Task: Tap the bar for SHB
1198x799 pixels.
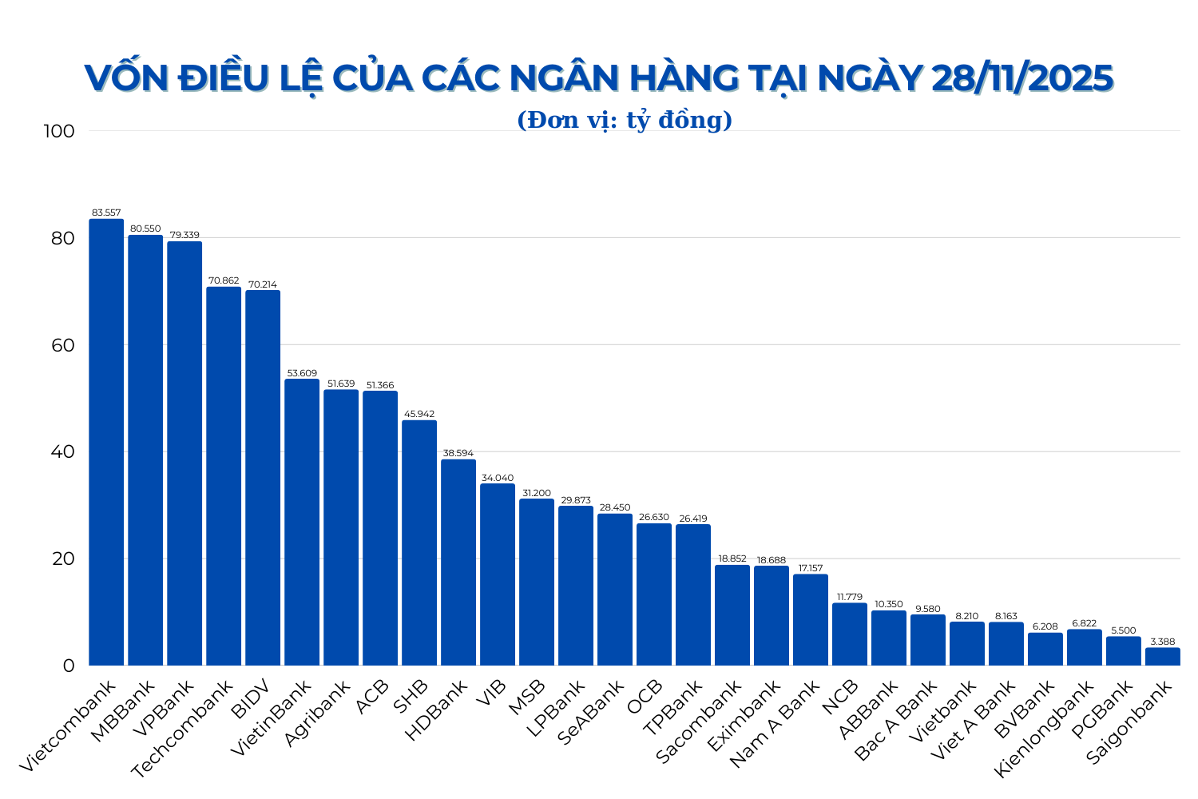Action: tap(419, 543)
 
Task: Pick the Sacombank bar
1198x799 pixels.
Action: tap(732, 615)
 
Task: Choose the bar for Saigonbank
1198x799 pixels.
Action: tap(1163, 657)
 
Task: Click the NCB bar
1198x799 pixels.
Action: tap(850, 634)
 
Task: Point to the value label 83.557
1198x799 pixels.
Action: tap(106, 213)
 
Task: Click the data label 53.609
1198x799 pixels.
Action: tap(302, 373)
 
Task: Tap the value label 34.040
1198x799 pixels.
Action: tap(498, 478)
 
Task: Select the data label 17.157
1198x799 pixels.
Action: tap(811, 568)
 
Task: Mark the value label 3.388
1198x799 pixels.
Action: tap(1163, 642)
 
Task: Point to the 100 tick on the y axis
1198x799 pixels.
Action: tap(61, 131)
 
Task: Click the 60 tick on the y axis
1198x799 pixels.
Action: tap(63, 345)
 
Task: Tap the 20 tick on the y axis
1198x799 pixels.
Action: tap(63, 559)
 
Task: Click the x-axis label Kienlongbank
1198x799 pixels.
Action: tap(1043, 728)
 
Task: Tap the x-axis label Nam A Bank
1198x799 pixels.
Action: tap(776, 723)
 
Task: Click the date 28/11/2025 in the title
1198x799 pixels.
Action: tap(1022, 78)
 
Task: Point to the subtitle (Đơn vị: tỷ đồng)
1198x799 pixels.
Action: tap(625, 120)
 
